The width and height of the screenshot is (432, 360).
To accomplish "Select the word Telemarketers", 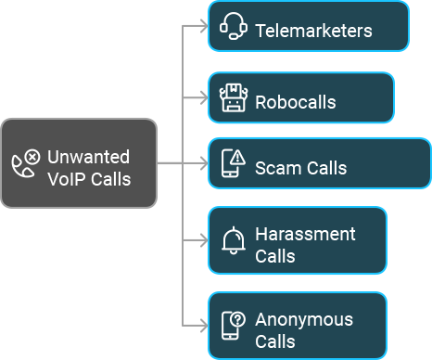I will [313, 31].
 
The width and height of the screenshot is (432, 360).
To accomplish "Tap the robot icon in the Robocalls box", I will [233, 97].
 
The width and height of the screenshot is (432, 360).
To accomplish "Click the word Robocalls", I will [296, 102].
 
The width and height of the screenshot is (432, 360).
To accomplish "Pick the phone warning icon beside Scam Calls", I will [233, 163].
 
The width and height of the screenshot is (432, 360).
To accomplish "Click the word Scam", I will [276, 168].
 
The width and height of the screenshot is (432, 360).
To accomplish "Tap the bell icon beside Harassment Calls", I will [234, 240].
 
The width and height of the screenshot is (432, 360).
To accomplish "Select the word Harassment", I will [305, 235].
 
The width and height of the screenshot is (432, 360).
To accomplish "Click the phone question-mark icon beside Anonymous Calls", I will [234, 326].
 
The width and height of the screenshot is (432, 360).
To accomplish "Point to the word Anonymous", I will [304, 319].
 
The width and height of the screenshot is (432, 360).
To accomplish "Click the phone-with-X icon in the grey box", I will [26, 162].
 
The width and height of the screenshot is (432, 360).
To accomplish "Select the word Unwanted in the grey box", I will [88, 157].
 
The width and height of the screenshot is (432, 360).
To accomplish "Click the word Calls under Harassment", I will [275, 256].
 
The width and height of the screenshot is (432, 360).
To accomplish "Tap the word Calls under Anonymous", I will [275, 341].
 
